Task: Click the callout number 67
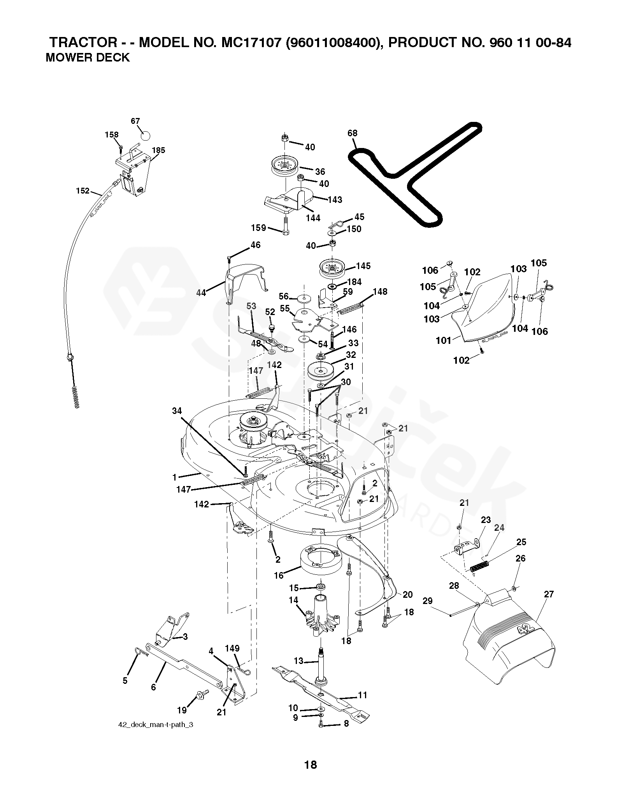(x=135, y=121)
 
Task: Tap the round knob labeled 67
(x=145, y=136)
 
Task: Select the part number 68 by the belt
(x=352, y=133)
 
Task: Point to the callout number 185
(x=158, y=150)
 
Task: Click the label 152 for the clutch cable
(x=83, y=191)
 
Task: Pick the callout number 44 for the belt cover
(x=201, y=293)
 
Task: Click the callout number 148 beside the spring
(x=380, y=292)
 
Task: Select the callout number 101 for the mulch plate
(x=443, y=340)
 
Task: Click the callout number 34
(x=177, y=410)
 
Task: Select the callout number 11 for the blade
(x=362, y=695)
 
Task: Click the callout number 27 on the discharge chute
(x=549, y=594)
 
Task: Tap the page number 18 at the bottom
(x=311, y=775)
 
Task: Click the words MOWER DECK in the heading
(x=88, y=57)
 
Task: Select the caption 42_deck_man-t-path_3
(x=155, y=725)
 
